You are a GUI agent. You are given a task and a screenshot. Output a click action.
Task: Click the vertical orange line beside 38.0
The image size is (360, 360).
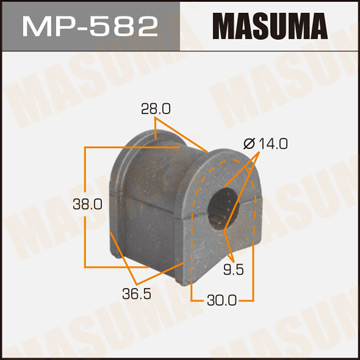[84, 205]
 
